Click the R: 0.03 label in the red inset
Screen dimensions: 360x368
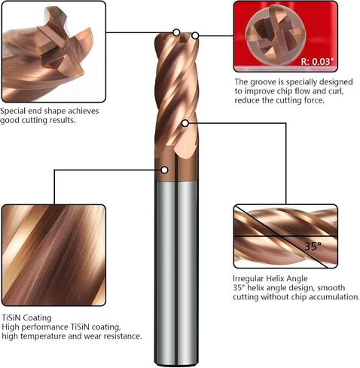tap(318, 61)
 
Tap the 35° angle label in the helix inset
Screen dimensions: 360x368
tap(313, 247)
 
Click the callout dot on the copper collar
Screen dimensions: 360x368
tap(164, 170)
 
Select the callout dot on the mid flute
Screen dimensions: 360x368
tap(185, 123)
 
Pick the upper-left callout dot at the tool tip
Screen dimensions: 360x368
tap(176, 32)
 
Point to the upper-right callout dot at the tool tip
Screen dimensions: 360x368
tap(195, 35)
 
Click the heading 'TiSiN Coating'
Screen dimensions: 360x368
tap(26, 317)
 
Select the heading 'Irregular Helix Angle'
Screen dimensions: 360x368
tap(270, 278)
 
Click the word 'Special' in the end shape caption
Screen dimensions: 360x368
tap(13, 111)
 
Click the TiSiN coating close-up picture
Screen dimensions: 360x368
tap(53, 256)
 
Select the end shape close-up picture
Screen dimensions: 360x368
tap(53, 51)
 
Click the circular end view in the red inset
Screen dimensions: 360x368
tap(276, 35)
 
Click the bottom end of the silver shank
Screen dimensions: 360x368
tap(176, 364)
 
